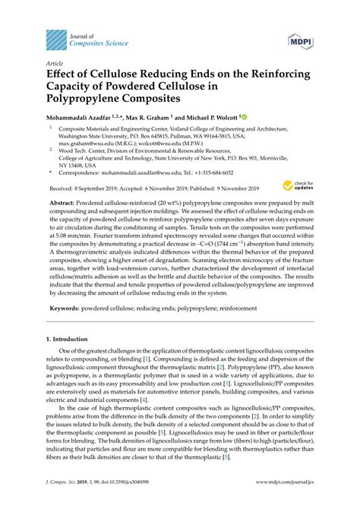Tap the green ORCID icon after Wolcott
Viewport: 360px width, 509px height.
coord(243,118)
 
